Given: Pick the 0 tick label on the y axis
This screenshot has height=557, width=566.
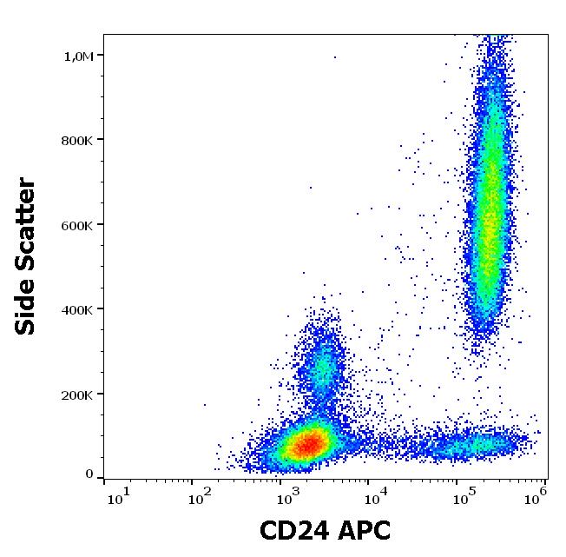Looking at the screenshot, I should (x=89, y=474).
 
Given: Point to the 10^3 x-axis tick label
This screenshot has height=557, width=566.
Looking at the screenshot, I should (x=287, y=498).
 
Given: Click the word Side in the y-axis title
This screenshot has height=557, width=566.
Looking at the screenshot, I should (x=27, y=308).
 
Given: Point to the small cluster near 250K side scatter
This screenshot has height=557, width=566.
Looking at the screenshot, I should (x=322, y=369).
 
